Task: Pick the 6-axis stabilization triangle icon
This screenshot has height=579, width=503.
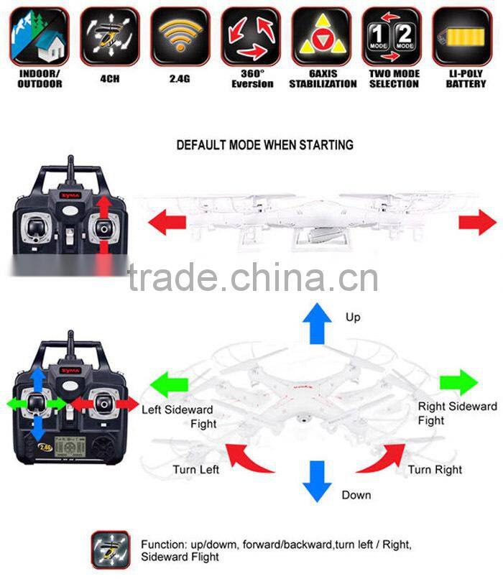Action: point(321,36)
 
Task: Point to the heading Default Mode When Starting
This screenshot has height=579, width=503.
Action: point(264,145)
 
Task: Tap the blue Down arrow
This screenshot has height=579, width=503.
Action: point(315,481)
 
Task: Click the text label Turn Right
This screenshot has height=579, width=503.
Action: point(435,470)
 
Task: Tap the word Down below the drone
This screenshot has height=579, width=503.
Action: point(356,495)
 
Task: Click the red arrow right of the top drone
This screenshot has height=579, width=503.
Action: point(476,224)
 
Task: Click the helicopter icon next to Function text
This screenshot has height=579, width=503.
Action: point(110,550)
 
